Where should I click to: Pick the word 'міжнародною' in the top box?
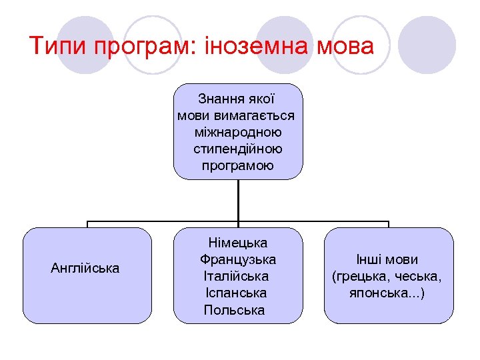[238, 132]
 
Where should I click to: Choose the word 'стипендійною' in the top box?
[238, 149]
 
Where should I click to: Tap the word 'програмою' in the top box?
[238, 165]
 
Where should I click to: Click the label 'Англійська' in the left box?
[85, 269]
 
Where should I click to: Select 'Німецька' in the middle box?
[238, 243]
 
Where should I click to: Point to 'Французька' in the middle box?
[238, 259]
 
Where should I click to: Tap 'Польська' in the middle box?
[234, 310]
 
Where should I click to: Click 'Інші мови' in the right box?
[387, 259]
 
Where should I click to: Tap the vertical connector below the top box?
[238, 200]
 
